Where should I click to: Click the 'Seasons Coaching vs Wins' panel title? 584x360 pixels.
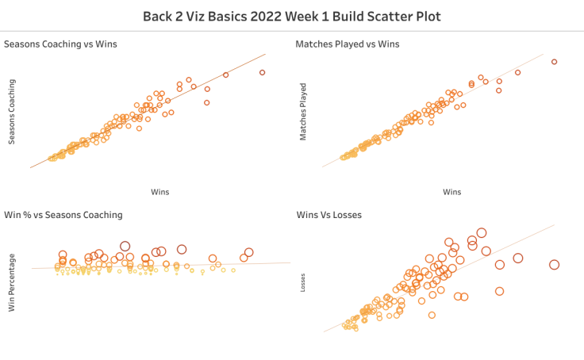pyautogui.click(x=60, y=44)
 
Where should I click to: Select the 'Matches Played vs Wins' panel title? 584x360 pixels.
pyautogui.click(x=348, y=44)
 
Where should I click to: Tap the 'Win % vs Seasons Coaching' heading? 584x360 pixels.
pyautogui.click(x=63, y=215)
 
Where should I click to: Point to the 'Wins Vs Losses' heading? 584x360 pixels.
pyautogui.click(x=328, y=215)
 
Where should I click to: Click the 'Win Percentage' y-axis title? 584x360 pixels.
pyautogui.click(x=12, y=282)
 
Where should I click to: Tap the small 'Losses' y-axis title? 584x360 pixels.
pyautogui.click(x=302, y=283)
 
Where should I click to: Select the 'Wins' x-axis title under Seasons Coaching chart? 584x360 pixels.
pyautogui.click(x=159, y=192)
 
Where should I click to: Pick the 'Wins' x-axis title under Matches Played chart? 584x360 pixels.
pyautogui.click(x=451, y=192)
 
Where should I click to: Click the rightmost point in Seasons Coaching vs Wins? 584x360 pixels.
pyautogui.click(x=262, y=72)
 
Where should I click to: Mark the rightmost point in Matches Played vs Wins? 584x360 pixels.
pyautogui.click(x=554, y=62)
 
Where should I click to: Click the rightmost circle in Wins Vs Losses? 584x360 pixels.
pyautogui.click(x=554, y=265)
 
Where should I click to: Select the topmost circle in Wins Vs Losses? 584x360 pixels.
pyautogui.click(x=481, y=232)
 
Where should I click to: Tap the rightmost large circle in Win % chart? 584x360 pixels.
pyautogui.click(x=248, y=252)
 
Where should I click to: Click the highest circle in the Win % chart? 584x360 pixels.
pyautogui.click(x=125, y=246)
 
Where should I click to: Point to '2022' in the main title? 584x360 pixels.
pyautogui.click(x=259, y=16)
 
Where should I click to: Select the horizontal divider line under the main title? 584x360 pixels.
pyautogui.click(x=292, y=32)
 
